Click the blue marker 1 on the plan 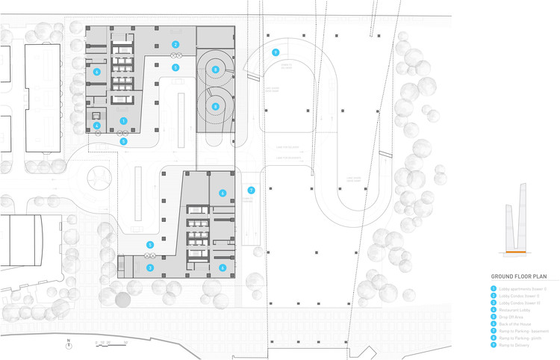click(x=124, y=120)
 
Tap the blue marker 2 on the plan click(x=175, y=45)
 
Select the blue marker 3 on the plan click(x=150, y=267)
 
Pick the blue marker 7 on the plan click(x=252, y=190)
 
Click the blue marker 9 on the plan click(x=276, y=52)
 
